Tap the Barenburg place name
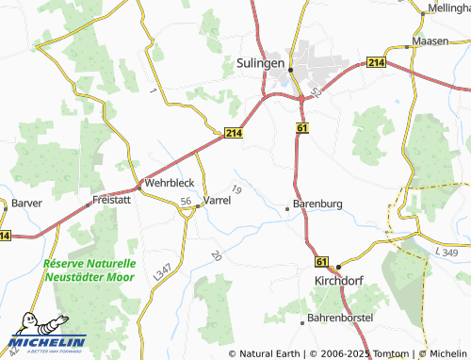click(316, 204)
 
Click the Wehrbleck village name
click(169, 183)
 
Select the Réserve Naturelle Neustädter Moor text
click(89, 270)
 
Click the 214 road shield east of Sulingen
click(377, 62)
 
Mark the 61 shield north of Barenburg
click(300, 126)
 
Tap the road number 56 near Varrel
click(187, 202)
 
